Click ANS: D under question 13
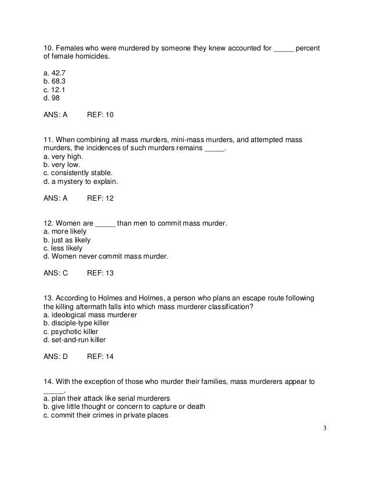pyautogui.click(x=56, y=356)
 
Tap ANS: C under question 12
pyautogui.click(x=56, y=273)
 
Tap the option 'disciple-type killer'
pyautogui.click(x=76, y=323)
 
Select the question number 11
pyautogui.click(x=49, y=140)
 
